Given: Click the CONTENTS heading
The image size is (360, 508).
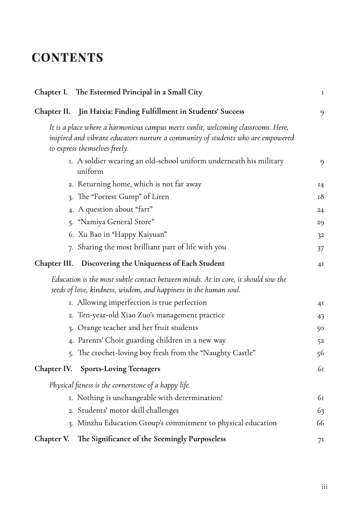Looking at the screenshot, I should coord(68,58).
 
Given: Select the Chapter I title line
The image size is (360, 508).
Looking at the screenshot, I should coord(118,92).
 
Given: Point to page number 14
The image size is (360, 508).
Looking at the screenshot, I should coord(321,185).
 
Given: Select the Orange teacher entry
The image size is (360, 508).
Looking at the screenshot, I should coord(138,327).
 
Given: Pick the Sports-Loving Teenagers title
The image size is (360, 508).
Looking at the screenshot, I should coord(120,369).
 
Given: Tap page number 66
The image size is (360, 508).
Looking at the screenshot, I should coord(321,423).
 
